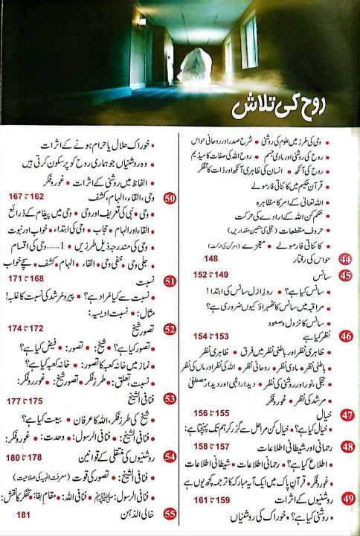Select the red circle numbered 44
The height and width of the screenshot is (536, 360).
345,281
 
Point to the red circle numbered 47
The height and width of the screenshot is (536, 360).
345,415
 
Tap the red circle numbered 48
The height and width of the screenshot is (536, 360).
345,447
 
